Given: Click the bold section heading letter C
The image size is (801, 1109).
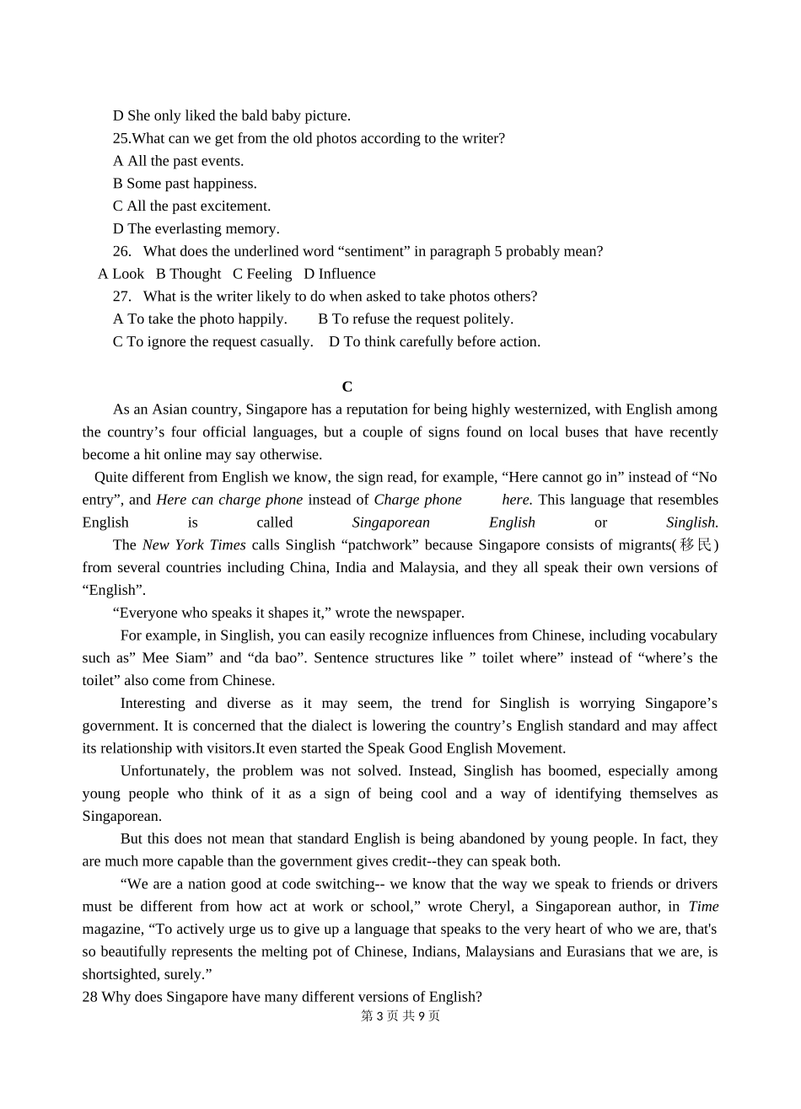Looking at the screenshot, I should click(347, 387).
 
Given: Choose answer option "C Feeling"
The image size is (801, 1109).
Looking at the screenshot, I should click(262, 274).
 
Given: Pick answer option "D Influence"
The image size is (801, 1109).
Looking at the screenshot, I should click(340, 274).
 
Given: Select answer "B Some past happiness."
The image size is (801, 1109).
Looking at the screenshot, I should click(185, 184).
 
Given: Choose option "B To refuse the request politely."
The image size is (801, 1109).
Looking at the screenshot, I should click(416, 319).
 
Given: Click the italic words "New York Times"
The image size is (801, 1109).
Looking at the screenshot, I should click(194, 545).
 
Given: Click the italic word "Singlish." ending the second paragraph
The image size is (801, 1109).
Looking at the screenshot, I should click(691, 522).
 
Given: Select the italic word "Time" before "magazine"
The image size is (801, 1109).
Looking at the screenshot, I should click(703, 907).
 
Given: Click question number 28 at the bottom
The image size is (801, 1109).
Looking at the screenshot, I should click(89, 997).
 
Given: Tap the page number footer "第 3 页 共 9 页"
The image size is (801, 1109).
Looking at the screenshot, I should click(400, 1016).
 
